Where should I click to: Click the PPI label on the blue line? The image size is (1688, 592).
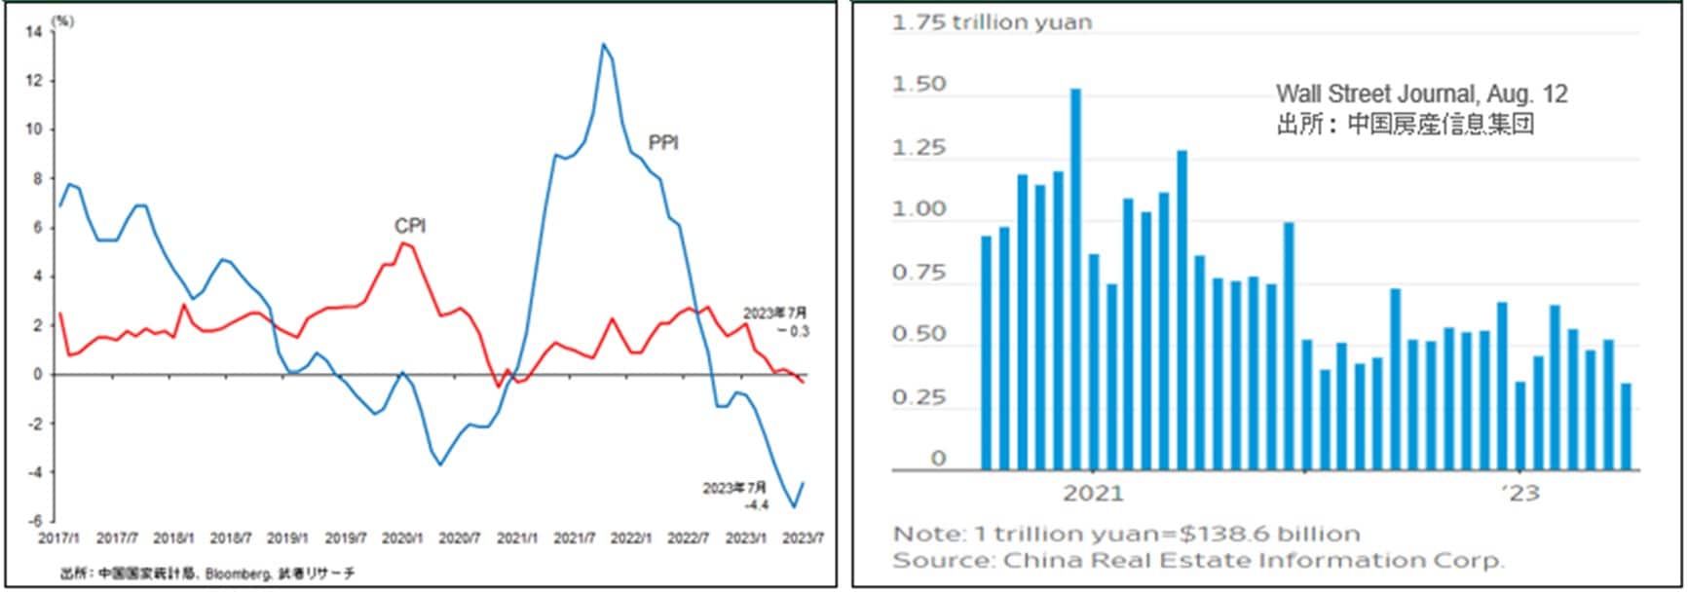[x=663, y=143]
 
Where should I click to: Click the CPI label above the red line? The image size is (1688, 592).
[x=410, y=226]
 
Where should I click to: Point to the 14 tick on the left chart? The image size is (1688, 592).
[x=34, y=32]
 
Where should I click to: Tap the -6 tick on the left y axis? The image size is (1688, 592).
[x=35, y=521]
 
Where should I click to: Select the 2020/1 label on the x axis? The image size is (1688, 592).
[x=401, y=538]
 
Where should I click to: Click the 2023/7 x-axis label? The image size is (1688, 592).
[x=804, y=538]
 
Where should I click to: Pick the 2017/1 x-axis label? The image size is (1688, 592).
[x=58, y=538]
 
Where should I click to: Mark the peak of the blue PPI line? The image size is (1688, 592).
[x=603, y=45]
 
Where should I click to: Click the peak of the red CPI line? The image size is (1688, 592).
[x=402, y=243]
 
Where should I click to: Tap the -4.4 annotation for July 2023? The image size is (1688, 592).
[x=756, y=504]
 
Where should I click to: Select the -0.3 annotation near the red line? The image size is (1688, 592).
[x=792, y=331]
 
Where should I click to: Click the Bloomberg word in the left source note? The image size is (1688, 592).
[x=234, y=574]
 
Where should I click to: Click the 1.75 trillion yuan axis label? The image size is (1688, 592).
[x=992, y=22]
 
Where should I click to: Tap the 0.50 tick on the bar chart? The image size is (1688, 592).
[x=919, y=334]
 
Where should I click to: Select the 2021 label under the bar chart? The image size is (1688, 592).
[x=1092, y=493]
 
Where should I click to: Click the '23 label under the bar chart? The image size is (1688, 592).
[x=1519, y=493]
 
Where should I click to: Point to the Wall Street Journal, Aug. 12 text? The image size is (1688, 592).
[x=1421, y=94]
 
